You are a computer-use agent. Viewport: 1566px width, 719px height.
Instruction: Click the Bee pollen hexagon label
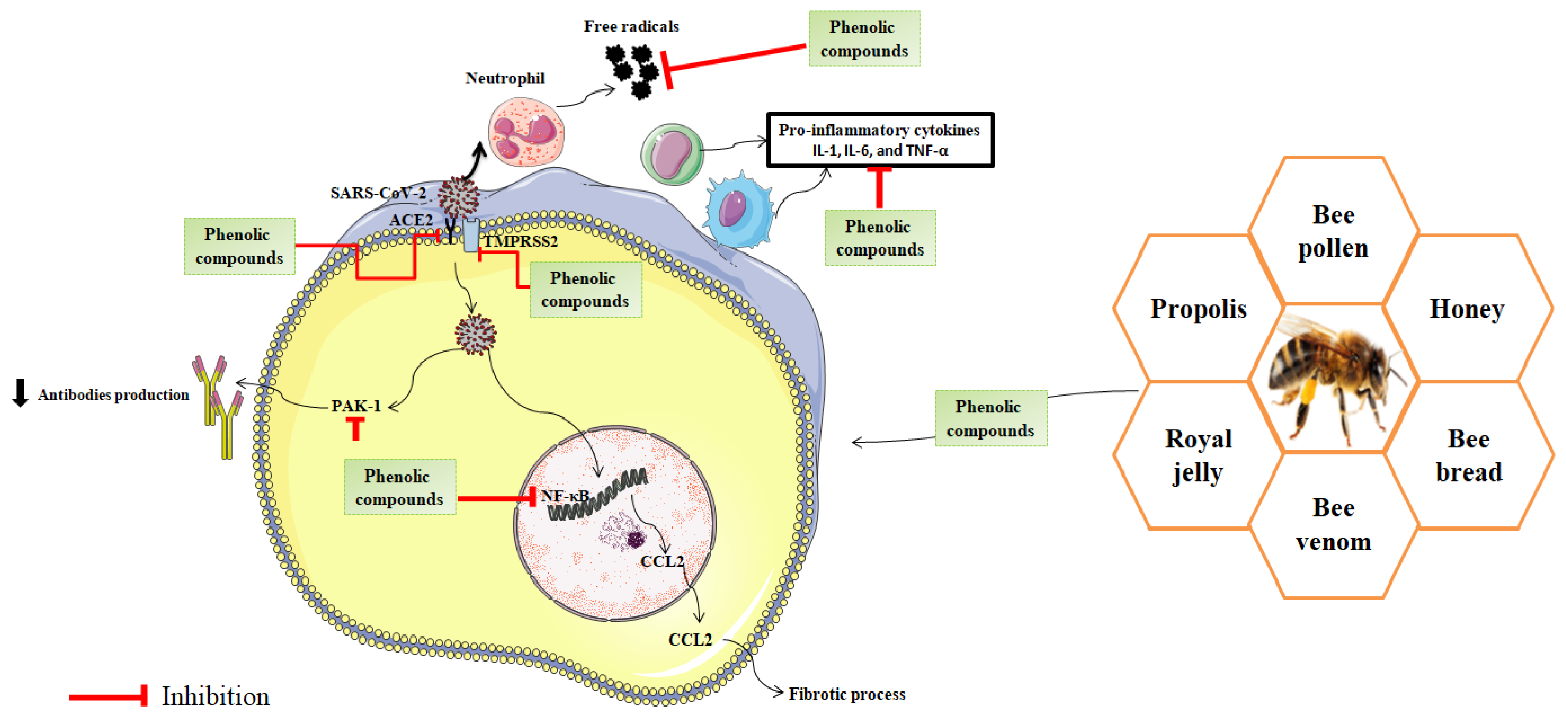(x=1333, y=231)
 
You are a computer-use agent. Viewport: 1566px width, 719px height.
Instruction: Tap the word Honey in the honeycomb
(x=1466, y=309)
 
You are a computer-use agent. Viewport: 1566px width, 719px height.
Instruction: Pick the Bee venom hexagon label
(x=1333, y=524)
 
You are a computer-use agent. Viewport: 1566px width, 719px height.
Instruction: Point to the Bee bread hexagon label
(x=1468, y=455)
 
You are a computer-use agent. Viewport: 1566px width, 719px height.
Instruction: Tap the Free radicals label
(x=631, y=27)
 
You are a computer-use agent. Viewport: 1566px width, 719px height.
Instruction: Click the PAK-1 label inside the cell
(x=356, y=406)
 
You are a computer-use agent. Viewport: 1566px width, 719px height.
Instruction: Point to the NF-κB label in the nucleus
(x=565, y=496)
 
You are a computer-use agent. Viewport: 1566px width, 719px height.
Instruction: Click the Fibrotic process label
(x=846, y=693)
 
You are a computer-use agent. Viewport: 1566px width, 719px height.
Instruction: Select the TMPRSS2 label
(x=520, y=241)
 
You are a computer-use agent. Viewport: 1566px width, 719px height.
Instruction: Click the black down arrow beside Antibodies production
(x=20, y=393)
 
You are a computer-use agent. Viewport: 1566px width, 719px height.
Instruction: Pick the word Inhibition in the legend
(x=215, y=696)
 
